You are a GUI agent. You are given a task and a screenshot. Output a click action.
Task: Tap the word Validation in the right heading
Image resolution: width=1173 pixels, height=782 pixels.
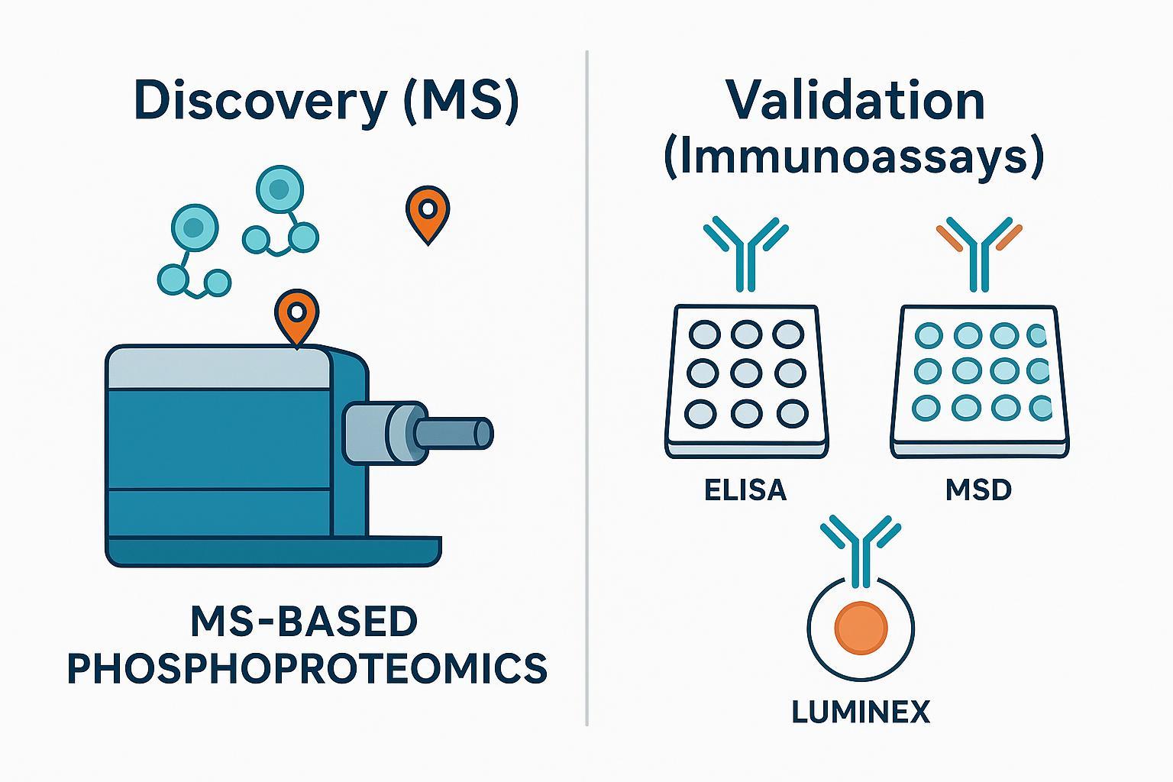click(855, 102)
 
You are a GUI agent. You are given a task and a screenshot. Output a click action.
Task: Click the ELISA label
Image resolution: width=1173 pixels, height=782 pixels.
click(745, 490)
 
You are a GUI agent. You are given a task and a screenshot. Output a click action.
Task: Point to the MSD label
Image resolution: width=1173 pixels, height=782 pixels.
click(978, 490)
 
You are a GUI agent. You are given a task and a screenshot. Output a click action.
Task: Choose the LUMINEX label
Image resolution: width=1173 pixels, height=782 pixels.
click(861, 713)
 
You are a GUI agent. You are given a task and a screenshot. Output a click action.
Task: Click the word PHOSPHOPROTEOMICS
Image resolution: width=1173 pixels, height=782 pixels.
click(307, 668)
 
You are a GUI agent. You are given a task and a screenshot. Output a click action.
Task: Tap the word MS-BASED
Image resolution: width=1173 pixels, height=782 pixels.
click(304, 622)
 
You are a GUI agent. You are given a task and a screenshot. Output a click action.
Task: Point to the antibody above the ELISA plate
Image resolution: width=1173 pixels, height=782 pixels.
click(745, 252)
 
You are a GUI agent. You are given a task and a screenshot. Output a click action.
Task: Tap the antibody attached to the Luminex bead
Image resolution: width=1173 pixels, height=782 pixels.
click(861, 546)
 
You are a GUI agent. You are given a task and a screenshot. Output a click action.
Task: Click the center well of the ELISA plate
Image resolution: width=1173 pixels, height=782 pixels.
click(745, 373)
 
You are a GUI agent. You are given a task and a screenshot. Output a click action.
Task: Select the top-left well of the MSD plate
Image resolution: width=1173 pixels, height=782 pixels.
click(929, 334)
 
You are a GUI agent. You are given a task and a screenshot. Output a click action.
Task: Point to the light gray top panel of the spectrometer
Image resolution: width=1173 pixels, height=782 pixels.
click(220, 368)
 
